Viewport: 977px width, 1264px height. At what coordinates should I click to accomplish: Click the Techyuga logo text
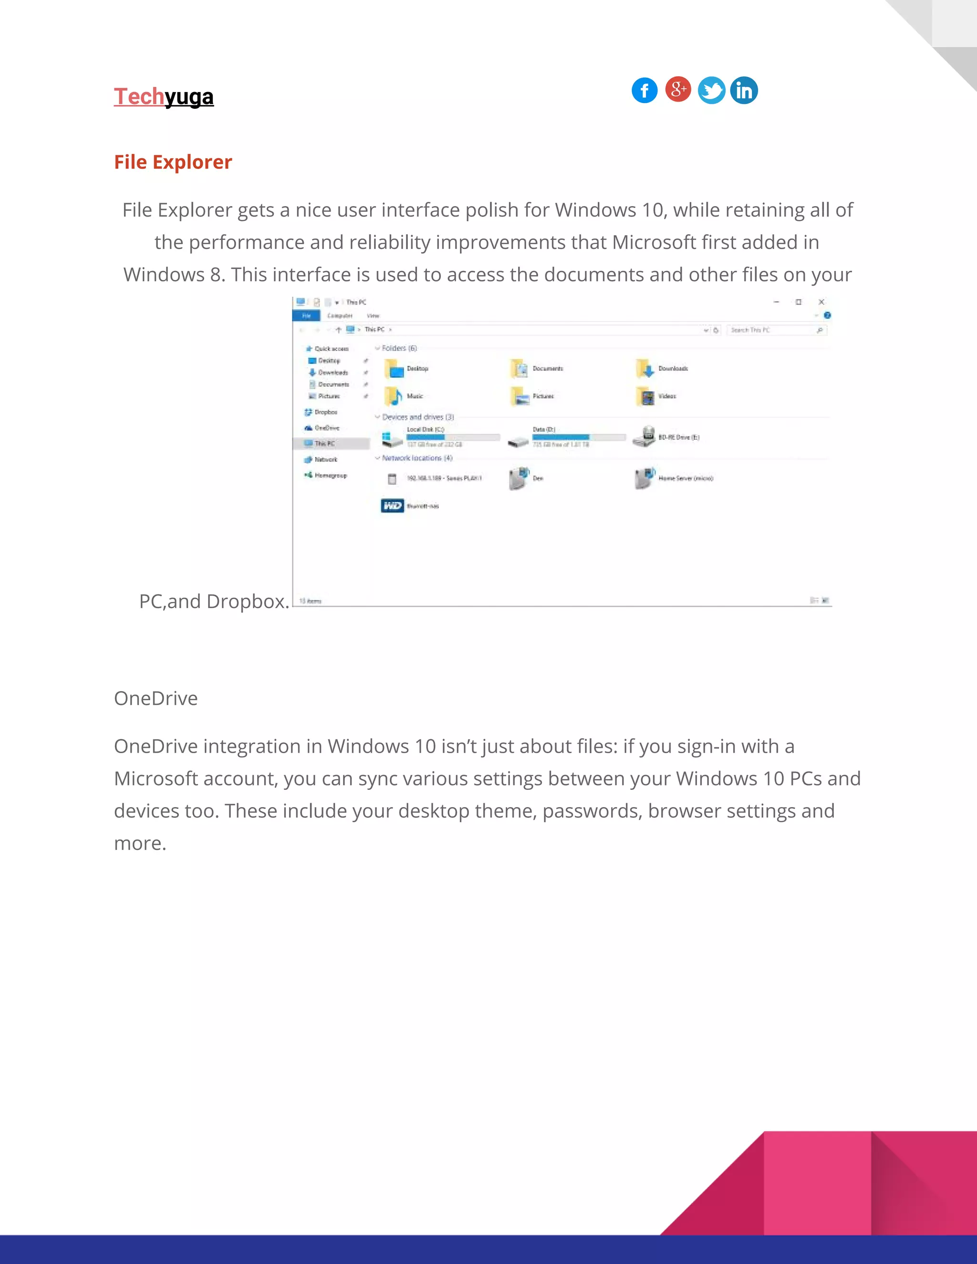click(x=164, y=97)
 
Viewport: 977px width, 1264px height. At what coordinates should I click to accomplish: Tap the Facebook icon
click(x=644, y=90)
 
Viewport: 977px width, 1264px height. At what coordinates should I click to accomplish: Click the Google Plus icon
click(x=678, y=89)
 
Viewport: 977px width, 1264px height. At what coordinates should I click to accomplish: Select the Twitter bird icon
click(x=711, y=90)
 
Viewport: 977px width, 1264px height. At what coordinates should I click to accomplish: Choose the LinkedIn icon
click(x=744, y=90)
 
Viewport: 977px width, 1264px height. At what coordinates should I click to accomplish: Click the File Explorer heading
click(x=173, y=162)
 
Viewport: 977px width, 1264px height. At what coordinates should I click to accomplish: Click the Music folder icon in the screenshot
click(x=394, y=396)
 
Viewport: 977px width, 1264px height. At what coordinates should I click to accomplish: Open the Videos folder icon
click(x=645, y=396)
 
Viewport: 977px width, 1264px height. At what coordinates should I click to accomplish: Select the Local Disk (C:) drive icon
click(x=392, y=438)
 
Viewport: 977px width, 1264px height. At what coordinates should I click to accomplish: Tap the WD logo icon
click(x=392, y=506)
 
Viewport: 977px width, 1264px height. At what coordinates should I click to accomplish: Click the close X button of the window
click(x=821, y=302)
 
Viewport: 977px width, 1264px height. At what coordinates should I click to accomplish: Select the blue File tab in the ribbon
click(x=306, y=315)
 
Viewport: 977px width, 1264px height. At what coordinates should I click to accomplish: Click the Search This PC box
click(x=773, y=330)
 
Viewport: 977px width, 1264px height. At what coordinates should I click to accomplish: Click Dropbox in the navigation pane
click(x=325, y=412)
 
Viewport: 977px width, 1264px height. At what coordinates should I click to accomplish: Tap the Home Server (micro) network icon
click(x=644, y=478)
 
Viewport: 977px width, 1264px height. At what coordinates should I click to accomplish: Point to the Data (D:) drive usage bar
click(x=579, y=437)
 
